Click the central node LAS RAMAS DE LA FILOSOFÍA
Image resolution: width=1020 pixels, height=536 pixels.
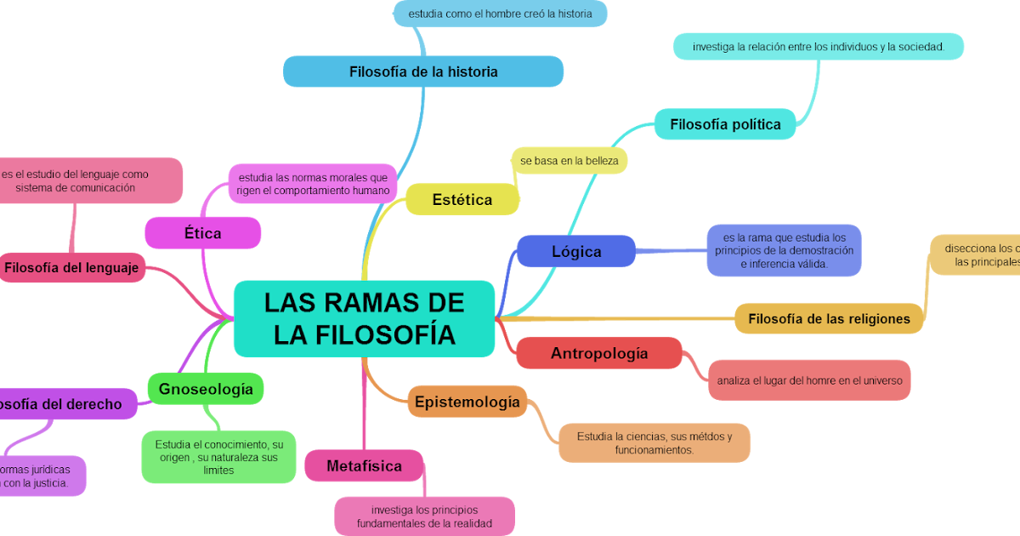pyautogui.click(x=364, y=318)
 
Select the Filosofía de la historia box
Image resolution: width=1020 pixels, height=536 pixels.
pyautogui.click(x=423, y=71)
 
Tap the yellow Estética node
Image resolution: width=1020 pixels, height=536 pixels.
pyautogui.click(x=462, y=200)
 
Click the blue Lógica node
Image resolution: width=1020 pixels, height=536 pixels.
pyautogui.click(x=576, y=252)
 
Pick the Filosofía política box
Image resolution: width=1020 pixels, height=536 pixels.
pyautogui.click(x=725, y=124)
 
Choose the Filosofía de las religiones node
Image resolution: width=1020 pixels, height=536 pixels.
pyautogui.click(x=829, y=319)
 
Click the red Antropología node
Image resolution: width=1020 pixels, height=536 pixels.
pyautogui.click(x=599, y=353)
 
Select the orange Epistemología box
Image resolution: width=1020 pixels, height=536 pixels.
pyautogui.click(x=467, y=402)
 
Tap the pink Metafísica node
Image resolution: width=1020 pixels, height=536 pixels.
pyautogui.click(x=364, y=466)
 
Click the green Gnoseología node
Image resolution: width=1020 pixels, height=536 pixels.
pyautogui.click(x=206, y=389)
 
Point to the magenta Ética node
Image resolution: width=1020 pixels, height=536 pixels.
pyautogui.click(x=202, y=233)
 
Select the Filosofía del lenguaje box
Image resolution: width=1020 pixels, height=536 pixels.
pyautogui.click(x=72, y=268)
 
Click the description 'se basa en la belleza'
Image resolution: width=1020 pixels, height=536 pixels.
pyautogui.click(x=569, y=160)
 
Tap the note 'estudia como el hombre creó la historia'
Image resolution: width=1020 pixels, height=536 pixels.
pyautogui.click(x=500, y=14)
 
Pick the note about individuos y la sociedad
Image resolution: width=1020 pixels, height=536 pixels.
pyautogui.click(x=818, y=47)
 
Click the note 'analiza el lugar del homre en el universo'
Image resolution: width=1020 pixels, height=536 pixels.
pyautogui.click(x=809, y=380)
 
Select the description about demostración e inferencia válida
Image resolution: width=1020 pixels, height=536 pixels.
pyautogui.click(x=784, y=251)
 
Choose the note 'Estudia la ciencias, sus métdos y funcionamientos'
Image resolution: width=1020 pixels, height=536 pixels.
pyautogui.click(x=654, y=442)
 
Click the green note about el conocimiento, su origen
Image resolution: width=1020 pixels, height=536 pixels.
pyautogui.click(x=218, y=457)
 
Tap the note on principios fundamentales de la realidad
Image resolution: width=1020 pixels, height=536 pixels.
pyautogui.click(x=424, y=516)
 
